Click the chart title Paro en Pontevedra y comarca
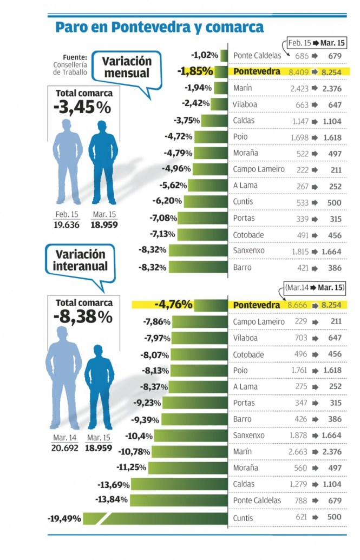point(160,27)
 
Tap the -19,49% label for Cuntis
point(64,518)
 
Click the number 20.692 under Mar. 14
point(66,448)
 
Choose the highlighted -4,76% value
point(174,305)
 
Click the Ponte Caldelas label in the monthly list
point(257,56)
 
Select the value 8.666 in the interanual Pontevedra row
point(298,306)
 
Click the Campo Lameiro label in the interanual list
point(259,322)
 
